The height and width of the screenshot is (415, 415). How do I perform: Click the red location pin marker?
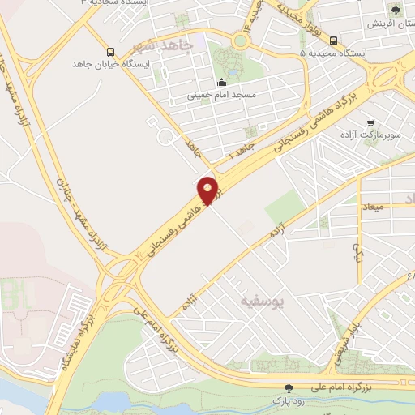point(208,190)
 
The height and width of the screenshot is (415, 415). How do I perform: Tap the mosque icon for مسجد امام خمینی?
point(223,81)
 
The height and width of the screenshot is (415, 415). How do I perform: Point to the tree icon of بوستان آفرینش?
point(395,11)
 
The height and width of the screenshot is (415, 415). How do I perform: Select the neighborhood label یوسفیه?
point(263,301)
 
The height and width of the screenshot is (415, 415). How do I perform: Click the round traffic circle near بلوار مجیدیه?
point(240,41)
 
